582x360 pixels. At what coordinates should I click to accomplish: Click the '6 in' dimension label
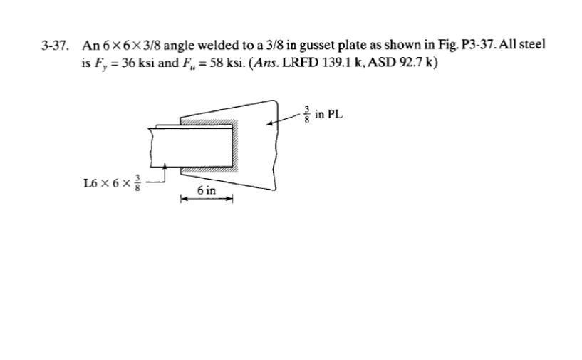click(x=207, y=190)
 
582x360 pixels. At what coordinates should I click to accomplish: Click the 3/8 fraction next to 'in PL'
click(x=308, y=114)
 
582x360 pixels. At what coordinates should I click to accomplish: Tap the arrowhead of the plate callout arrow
click(x=269, y=123)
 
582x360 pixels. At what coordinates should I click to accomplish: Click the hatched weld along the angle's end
click(x=240, y=145)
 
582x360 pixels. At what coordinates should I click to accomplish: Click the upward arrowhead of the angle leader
click(x=165, y=167)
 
